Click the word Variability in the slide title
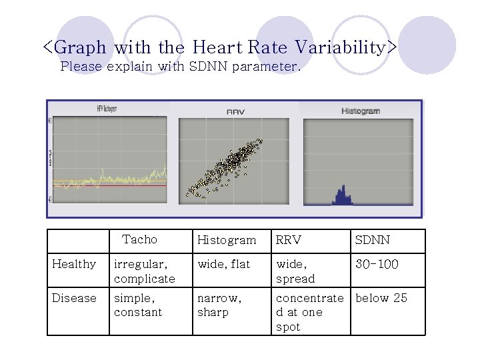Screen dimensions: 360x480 (347, 48)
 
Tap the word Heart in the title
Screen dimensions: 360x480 (218, 48)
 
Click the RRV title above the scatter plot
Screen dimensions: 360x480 (236, 111)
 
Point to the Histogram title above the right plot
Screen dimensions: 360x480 (361, 111)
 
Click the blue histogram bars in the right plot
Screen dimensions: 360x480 (342, 197)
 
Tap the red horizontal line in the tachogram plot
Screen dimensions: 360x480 (110, 186)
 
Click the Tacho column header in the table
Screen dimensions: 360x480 (140, 239)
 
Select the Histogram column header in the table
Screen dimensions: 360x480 (227, 240)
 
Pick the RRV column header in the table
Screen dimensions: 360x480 (289, 240)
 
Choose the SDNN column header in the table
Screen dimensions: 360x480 (373, 240)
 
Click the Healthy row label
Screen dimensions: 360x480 (74, 264)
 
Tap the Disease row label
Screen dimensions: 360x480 (74, 298)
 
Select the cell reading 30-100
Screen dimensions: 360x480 (377, 264)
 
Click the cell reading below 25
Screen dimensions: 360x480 (381, 298)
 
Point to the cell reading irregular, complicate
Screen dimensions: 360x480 (144, 271)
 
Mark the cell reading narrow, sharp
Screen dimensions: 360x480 (219, 305)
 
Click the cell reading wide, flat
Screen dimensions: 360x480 (223, 264)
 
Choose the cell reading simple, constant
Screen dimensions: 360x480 (138, 305)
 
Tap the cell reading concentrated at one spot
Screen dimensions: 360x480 (309, 312)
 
